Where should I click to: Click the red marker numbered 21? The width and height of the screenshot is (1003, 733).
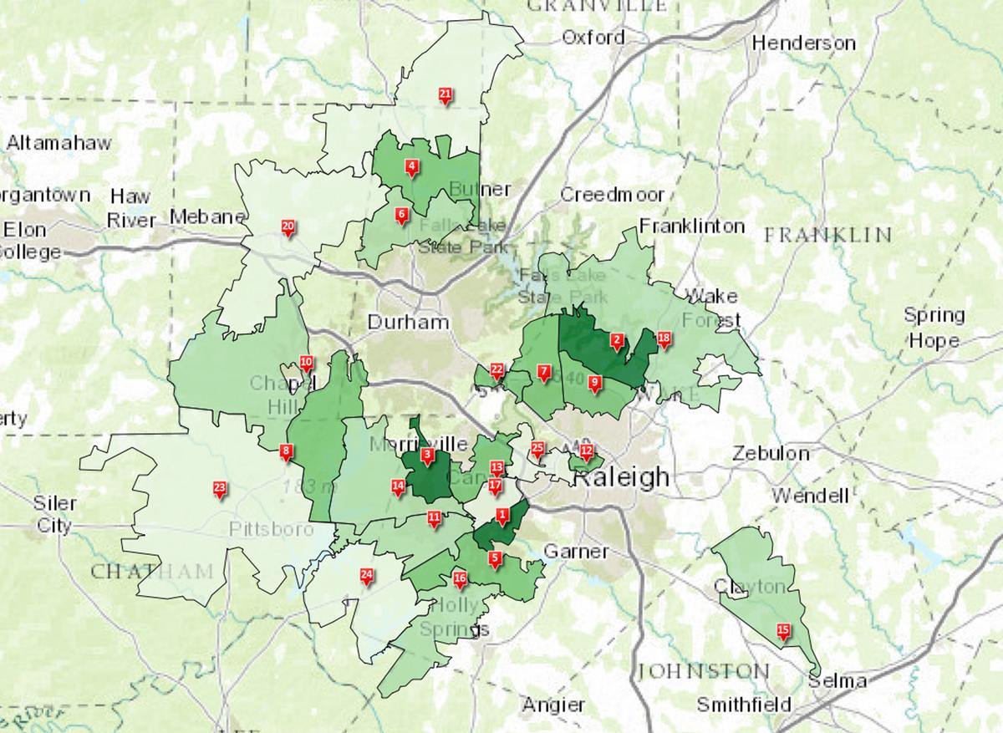coord(445,94)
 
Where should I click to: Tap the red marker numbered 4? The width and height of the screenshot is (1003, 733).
coord(411,167)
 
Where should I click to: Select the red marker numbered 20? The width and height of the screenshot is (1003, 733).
coord(288,227)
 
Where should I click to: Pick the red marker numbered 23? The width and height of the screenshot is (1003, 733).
coord(220,488)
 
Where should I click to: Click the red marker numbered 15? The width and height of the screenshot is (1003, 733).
coord(783,631)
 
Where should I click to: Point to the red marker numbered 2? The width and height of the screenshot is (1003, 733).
coord(617,340)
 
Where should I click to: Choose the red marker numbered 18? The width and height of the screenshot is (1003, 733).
coord(664,339)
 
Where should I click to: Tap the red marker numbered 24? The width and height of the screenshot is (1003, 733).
coord(365,575)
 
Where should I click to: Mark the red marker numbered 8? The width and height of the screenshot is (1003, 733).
coord(287,452)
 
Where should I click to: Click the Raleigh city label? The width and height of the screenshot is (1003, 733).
coord(621,476)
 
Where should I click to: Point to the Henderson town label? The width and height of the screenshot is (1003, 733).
coord(804,43)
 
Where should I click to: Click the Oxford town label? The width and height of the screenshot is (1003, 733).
coord(593,38)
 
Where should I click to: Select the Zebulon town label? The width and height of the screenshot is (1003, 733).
coord(771,454)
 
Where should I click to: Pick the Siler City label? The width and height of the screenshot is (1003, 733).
coord(55,514)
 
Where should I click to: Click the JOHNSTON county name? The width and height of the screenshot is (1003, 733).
coord(704,671)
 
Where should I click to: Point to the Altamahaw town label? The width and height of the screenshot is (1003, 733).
coord(59,143)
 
